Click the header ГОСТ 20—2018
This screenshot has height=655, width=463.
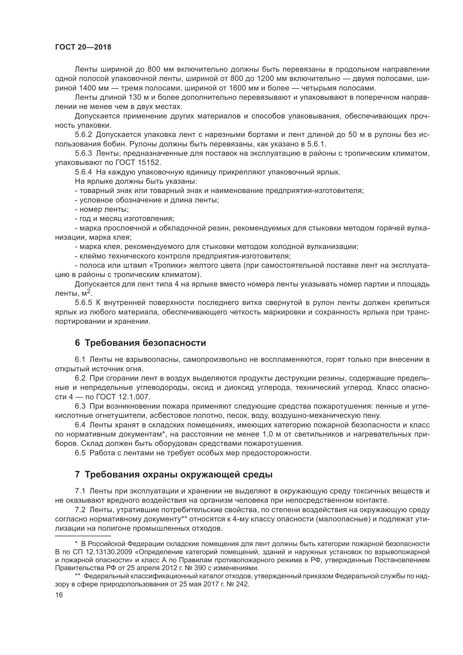click(x=83, y=47)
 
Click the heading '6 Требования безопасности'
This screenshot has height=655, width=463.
click(x=140, y=342)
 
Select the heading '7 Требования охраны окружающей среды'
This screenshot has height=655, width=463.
click(x=174, y=475)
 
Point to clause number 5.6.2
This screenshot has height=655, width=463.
click(x=83, y=135)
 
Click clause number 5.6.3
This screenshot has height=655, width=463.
click(x=83, y=153)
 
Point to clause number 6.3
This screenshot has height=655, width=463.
click(x=80, y=406)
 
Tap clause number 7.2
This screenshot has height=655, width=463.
click(x=80, y=510)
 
